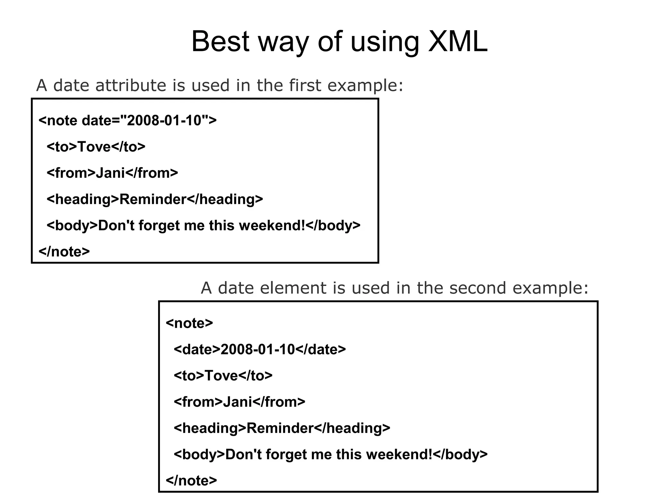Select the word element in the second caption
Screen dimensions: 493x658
293,288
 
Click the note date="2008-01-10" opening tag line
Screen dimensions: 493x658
128,121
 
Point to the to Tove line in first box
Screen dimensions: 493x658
96,147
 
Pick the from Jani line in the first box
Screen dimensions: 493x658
112,173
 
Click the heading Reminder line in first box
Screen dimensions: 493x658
155,199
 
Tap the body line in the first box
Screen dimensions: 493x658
203,226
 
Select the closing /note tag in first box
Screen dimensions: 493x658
64,252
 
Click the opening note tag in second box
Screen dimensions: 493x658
189,323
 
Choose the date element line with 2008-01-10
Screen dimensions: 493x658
260,350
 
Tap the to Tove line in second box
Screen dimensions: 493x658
223,376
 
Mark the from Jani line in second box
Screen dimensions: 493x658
239,402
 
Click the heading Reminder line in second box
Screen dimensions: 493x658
282,428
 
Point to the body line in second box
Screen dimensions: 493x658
331,454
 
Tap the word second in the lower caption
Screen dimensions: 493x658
477,288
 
